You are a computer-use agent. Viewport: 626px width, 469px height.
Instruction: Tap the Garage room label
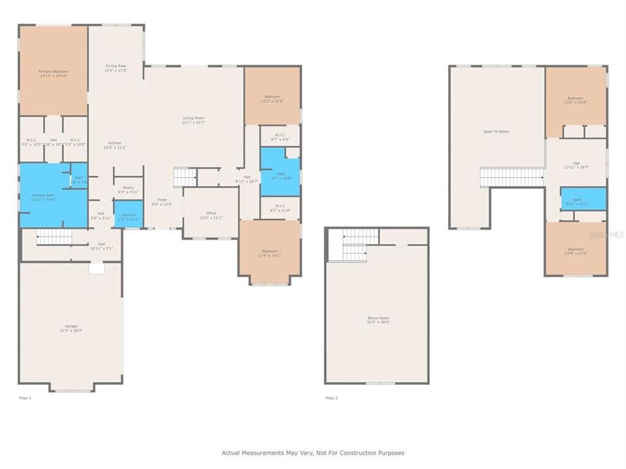[70, 326]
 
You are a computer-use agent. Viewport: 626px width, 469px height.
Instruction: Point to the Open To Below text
[496, 132]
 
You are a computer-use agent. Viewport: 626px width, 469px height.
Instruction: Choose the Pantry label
[128, 188]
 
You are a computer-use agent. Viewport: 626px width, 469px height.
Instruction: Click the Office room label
[211, 213]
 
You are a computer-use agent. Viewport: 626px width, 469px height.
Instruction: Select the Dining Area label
[115, 66]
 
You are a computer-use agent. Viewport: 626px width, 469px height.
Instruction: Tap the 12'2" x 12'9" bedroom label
[273, 97]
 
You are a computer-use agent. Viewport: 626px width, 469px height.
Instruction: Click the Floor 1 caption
[25, 397]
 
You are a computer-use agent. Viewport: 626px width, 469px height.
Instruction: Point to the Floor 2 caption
[331, 397]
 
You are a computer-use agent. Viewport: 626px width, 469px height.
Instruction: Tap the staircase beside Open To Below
[512, 177]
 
